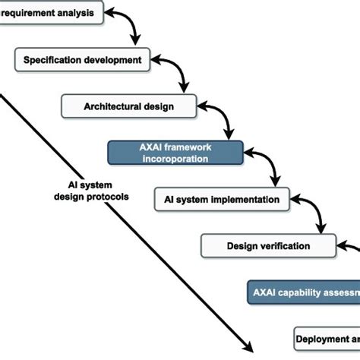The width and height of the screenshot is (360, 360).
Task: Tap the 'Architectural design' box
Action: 129,106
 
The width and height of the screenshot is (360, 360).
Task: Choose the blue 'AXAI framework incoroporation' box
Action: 175,153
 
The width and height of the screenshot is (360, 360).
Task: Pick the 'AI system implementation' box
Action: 222,200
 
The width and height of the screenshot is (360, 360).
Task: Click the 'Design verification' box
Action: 268,246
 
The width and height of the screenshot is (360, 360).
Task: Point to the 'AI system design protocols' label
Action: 90,190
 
